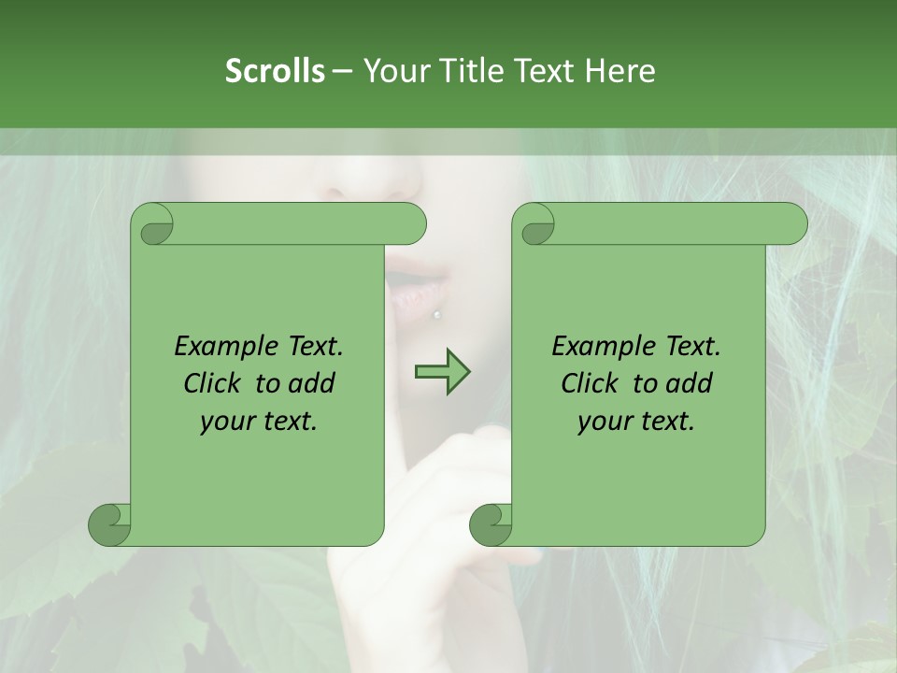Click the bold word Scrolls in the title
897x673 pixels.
(x=275, y=71)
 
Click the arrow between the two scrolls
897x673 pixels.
(x=443, y=373)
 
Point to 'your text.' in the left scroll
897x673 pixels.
(x=259, y=421)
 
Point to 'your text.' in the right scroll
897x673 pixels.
(x=636, y=421)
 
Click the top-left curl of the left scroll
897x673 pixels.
(x=152, y=224)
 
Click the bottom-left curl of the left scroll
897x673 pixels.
(x=109, y=524)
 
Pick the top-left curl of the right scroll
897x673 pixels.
(x=535, y=224)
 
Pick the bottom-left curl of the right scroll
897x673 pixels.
(x=491, y=524)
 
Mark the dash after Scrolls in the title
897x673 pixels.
(x=342, y=71)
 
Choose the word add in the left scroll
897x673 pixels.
(x=312, y=383)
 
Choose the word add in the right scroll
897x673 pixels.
(x=690, y=383)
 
